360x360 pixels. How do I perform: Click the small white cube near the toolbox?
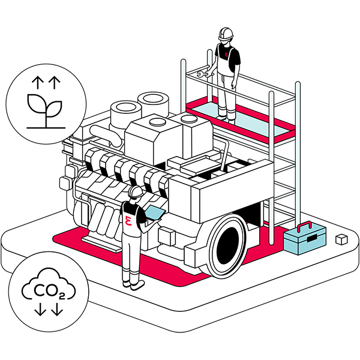(341, 239)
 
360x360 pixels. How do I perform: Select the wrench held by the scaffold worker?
(202, 74)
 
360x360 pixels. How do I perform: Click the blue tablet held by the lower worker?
(155, 212)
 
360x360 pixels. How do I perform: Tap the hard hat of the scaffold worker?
(226, 34)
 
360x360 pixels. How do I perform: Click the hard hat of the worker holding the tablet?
(136, 191)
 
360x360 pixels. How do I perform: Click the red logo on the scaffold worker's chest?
(227, 55)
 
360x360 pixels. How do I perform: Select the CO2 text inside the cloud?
(49, 291)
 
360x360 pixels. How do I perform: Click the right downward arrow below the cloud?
(57, 309)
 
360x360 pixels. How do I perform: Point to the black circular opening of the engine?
(227, 245)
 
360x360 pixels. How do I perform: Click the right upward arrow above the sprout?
(55, 82)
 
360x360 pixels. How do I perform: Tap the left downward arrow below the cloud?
(40, 309)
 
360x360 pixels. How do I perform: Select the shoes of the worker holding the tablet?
(134, 284)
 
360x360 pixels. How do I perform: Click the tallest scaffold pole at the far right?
(298, 152)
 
